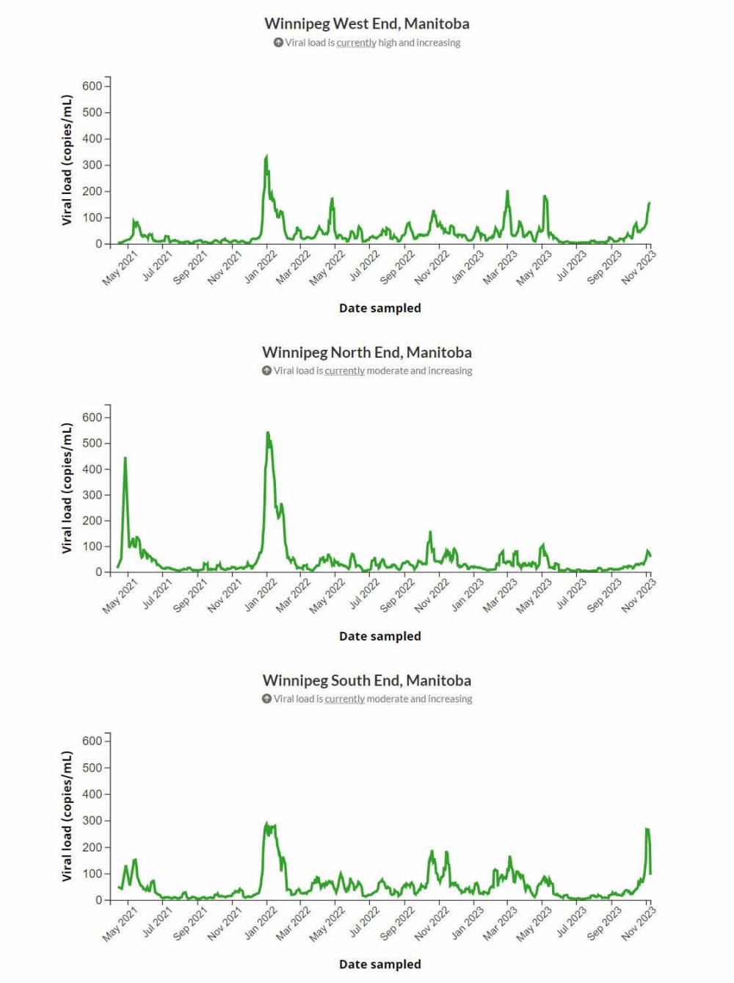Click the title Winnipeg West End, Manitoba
coord(366,24)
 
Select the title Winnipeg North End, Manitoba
coord(366,352)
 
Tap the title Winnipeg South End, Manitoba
coord(366,680)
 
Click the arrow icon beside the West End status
coord(278,43)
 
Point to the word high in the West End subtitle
coord(387,43)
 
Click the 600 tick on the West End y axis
coord(92,86)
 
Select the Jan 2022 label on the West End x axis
coord(261,267)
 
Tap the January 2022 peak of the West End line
coord(266,156)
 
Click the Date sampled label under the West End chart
coord(379,308)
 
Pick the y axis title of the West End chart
coord(68,160)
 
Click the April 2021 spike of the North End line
coord(125,458)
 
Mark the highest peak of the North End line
coord(268,433)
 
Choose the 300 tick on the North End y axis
coord(92,495)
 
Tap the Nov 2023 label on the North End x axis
coord(638,595)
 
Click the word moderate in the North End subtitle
coord(387,371)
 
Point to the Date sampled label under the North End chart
coord(379,636)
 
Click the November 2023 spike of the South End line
coord(647,829)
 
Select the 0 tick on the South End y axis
coord(99,900)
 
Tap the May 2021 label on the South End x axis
coord(120,923)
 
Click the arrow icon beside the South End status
coord(266,699)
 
